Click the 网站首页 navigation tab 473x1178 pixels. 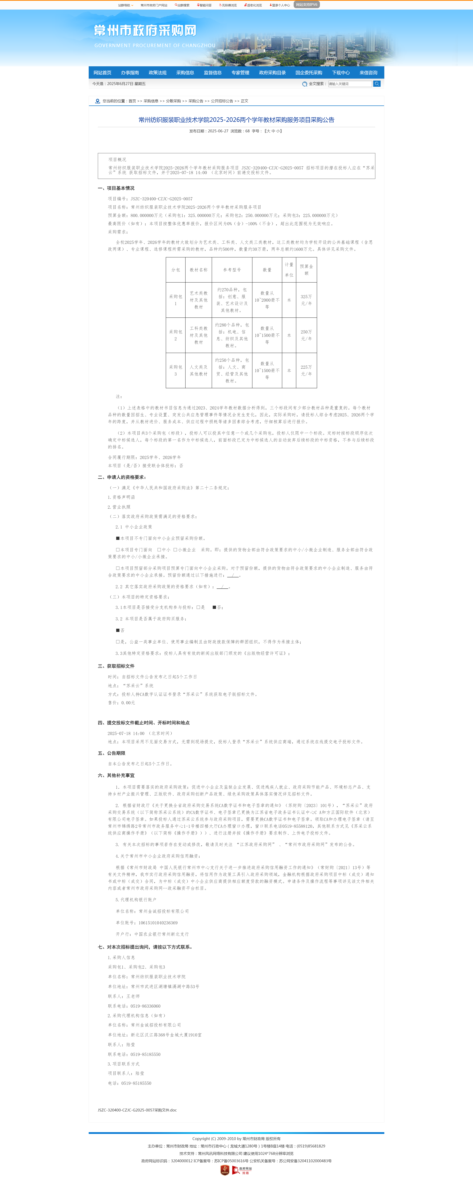click(x=102, y=73)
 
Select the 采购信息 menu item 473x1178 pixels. click(x=185, y=73)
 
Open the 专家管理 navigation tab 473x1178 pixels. click(x=240, y=73)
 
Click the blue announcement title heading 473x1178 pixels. click(x=236, y=120)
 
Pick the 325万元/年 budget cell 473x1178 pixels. click(x=306, y=300)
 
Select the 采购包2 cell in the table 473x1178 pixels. click(x=176, y=335)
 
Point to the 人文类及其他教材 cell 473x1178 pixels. click(x=198, y=370)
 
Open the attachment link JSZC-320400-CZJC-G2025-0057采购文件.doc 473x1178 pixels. click(x=137, y=1110)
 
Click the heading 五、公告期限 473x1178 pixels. click(x=111, y=753)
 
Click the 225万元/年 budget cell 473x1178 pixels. click(x=306, y=370)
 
